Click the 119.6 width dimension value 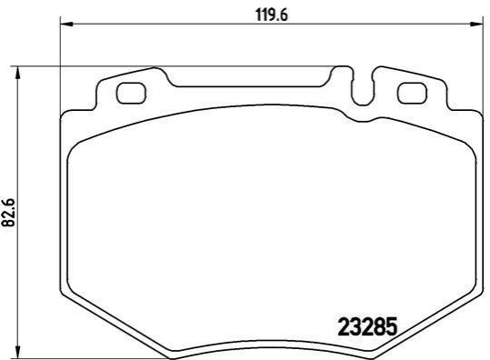(x=272, y=15)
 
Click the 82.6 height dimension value (x=9, y=212)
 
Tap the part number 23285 (x=367, y=326)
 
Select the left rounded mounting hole (x=131, y=93)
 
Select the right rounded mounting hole (x=412, y=93)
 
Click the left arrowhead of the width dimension (x=66, y=24)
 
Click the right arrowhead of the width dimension (x=476, y=24)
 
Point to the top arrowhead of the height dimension (x=18, y=73)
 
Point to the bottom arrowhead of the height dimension (x=18, y=353)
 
